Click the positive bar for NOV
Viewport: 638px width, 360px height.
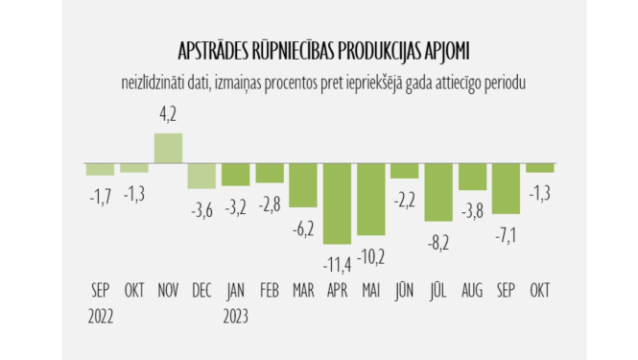click(168, 148)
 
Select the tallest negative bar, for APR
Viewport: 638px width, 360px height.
click(337, 203)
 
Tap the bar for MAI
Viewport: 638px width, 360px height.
click(370, 200)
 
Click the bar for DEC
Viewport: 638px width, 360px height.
click(201, 176)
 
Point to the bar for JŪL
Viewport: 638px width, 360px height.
click(438, 192)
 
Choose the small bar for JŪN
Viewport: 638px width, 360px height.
click(405, 171)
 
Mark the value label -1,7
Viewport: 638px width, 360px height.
click(100, 195)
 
